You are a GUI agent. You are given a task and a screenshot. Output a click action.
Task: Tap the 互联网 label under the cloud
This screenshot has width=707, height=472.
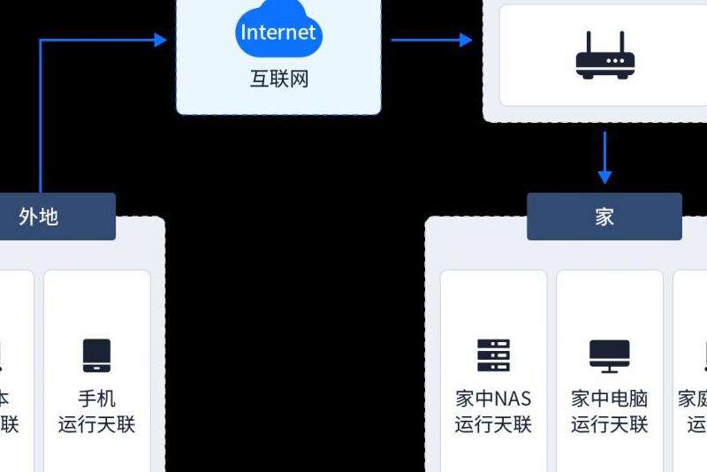pos(278,80)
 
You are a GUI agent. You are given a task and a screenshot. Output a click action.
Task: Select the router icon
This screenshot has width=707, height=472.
pos(605,57)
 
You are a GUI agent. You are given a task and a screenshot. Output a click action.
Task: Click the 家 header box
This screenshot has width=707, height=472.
pos(604,217)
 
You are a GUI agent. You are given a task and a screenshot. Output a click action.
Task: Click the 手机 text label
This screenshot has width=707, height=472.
pos(96,399)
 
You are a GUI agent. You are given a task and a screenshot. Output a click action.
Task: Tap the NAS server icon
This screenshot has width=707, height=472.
pos(493,355)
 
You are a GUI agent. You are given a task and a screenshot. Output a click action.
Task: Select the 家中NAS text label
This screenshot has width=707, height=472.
pos(493,399)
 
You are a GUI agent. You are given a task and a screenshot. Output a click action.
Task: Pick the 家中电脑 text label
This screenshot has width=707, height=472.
pos(610,399)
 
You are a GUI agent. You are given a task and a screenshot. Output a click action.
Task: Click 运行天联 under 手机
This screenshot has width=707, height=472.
pos(96,425)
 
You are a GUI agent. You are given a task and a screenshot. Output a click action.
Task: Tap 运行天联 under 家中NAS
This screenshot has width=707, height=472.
pos(493,425)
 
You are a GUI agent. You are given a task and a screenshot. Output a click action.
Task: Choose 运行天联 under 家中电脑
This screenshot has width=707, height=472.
pos(610,425)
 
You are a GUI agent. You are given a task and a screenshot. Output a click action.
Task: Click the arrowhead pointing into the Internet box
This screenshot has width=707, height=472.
pos(160,40)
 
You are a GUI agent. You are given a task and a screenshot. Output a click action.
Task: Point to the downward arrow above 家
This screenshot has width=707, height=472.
pos(604,159)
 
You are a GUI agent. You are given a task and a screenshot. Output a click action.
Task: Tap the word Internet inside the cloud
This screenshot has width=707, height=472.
pos(278,33)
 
